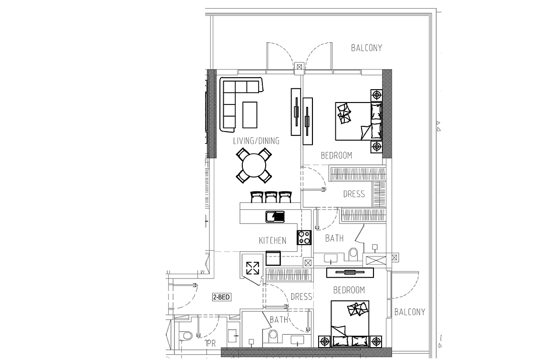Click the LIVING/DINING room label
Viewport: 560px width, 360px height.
[256, 141]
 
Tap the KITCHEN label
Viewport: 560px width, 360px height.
[272, 240]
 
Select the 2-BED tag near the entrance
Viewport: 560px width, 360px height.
[221, 297]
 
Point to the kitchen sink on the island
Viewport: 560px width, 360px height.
[275, 216]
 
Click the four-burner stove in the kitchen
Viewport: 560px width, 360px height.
[304, 237]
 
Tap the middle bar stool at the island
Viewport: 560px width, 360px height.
[271, 197]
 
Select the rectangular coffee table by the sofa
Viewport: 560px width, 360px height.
[249, 114]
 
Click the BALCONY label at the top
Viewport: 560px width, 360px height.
[366, 48]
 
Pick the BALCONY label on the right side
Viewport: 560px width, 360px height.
[410, 312]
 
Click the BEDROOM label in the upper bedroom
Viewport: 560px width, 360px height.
[336, 155]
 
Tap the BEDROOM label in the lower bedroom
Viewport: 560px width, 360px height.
[349, 289]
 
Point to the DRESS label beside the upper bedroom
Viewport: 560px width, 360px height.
[354, 194]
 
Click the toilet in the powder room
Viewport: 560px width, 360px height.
[187, 336]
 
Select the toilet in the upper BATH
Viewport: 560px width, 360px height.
[353, 254]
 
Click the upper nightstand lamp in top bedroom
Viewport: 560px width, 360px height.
[376, 95]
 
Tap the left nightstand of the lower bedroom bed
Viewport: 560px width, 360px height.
[324, 342]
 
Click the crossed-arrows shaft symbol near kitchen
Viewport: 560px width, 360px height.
[253, 268]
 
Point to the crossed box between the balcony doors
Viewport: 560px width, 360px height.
[299, 66]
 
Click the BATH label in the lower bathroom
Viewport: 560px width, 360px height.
[279, 319]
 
